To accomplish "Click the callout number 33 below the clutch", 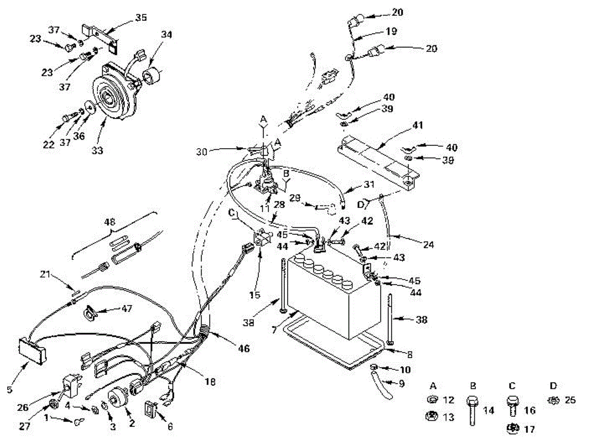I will point(97,150).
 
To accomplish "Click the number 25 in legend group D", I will point(570,400).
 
